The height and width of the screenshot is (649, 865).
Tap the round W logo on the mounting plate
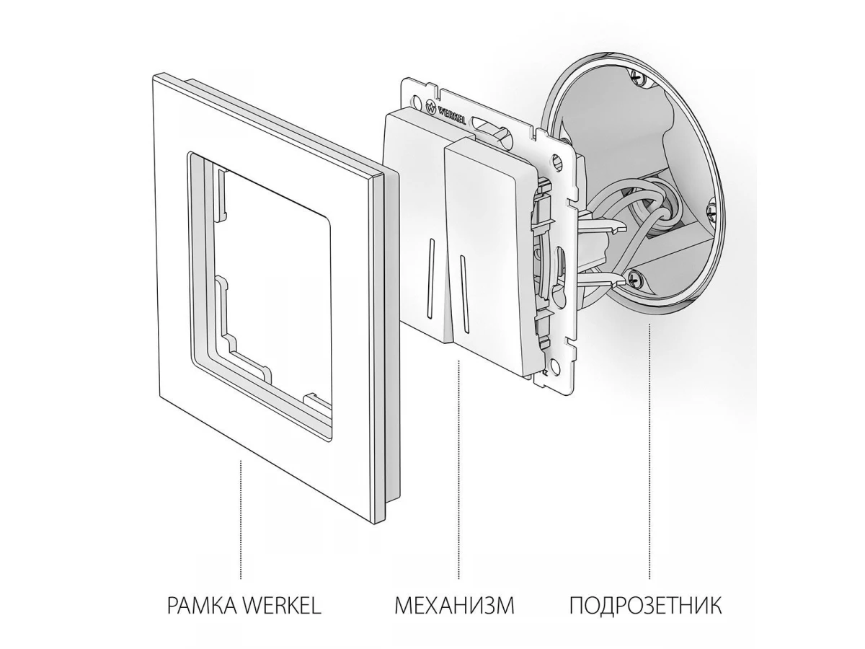[431, 105]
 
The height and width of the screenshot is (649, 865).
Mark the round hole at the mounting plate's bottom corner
[554, 363]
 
